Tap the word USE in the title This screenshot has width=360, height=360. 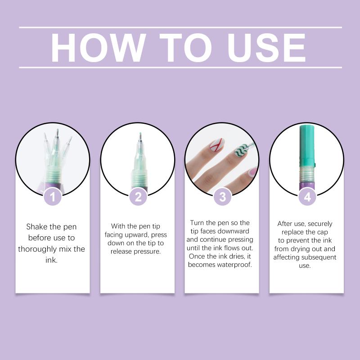click(x=266, y=48)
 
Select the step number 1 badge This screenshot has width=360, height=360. click(x=53, y=197)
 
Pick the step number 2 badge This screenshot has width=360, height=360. click(x=138, y=197)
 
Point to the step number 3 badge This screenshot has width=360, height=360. click(x=222, y=197)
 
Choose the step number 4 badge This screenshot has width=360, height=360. click(x=307, y=197)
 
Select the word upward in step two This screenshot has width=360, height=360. click(x=137, y=235)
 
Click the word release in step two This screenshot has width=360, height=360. click(x=121, y=252)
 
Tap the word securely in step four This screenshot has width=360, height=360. click(x=320, y=224)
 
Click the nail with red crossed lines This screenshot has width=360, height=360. click(x=216, y=145)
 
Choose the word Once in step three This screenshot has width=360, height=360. click(x=196, y=256)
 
